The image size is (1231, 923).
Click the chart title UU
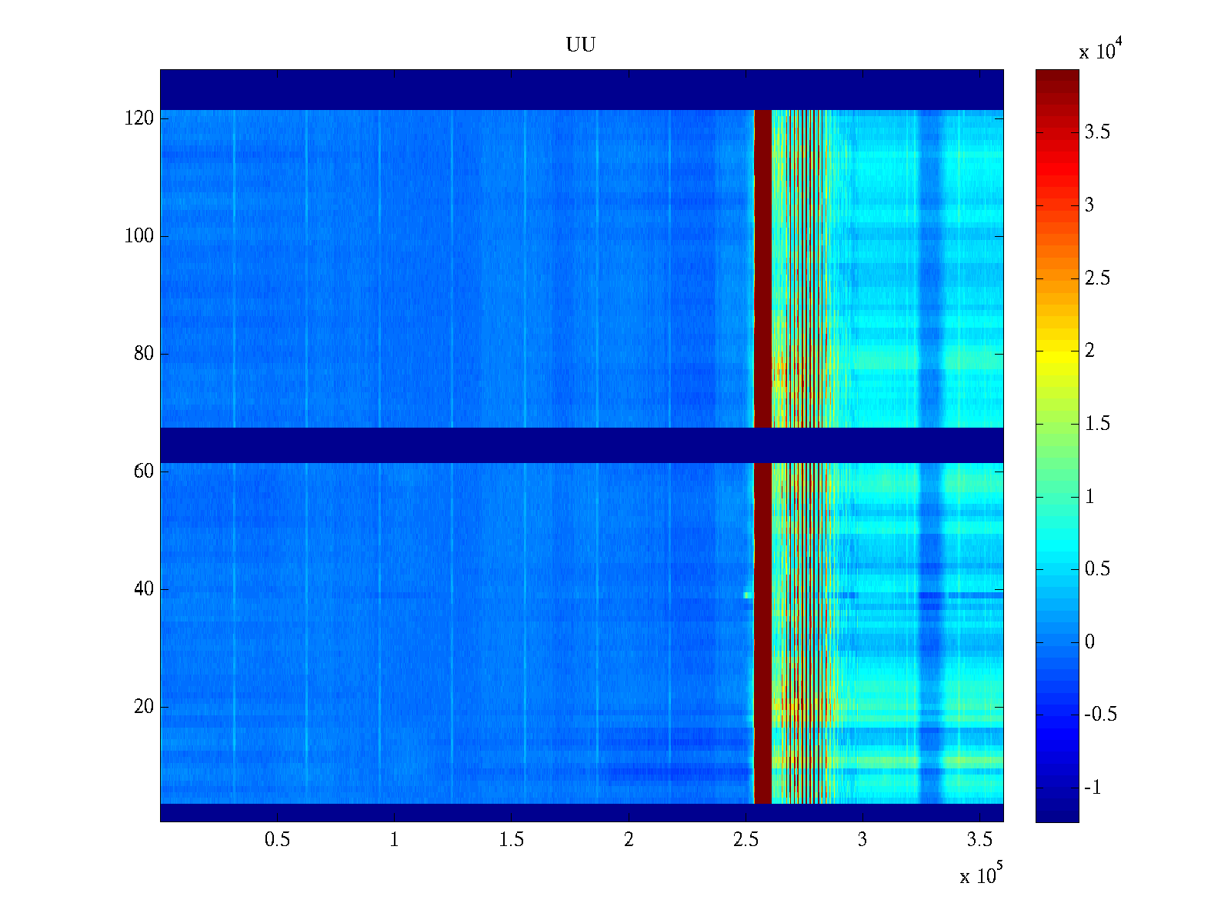581,45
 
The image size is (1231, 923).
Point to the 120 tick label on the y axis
139,118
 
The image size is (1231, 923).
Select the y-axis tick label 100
139,236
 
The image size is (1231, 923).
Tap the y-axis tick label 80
144,354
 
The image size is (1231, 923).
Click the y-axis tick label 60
144,471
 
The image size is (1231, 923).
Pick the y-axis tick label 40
144,589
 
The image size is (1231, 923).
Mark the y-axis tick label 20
144,707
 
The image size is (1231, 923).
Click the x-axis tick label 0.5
277,840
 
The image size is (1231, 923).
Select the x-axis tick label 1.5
512,840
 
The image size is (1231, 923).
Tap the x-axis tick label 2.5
746,840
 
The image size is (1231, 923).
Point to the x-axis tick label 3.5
979,840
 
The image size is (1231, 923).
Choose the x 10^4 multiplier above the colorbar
1097,51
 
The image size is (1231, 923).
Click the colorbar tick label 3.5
1097,132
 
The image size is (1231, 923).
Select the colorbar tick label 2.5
1097,278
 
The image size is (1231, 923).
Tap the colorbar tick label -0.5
1100,715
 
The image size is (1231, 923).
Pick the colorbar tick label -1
1093,788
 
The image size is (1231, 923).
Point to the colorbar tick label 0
1089,642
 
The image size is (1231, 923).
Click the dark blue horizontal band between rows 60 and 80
581,445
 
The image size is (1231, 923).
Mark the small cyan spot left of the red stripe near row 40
746,595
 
